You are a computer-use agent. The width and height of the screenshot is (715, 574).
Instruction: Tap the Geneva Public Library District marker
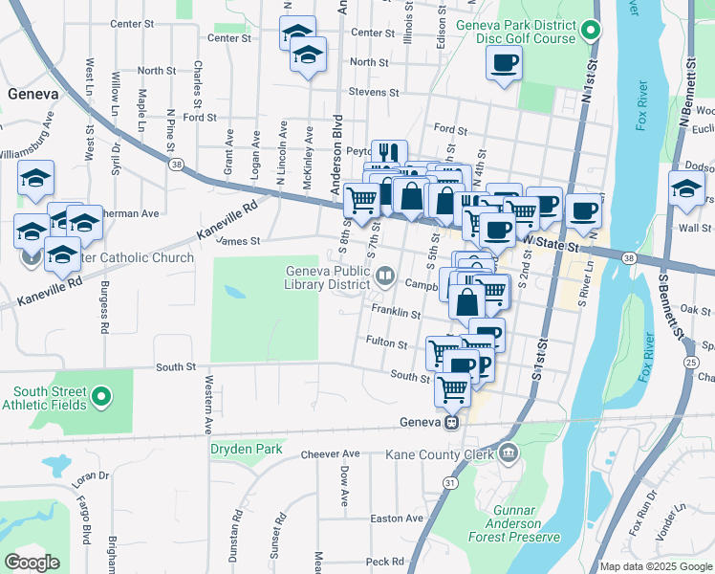pyautogui.click(x=385, y=276)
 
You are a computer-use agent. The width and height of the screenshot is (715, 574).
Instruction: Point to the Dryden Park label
pyautogui.click(x=247, y=448)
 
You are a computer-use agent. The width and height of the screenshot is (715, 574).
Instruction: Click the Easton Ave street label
pyautogui.click(x=397, y=519)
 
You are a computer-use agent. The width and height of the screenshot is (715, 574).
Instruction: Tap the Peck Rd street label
pyautogui.click(x=385, y=562)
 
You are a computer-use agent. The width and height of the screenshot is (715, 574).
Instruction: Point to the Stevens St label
pyautogui.click(x=373, y=93)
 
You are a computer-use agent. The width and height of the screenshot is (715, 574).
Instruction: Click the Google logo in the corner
pyautogui.click(x=32, y=563)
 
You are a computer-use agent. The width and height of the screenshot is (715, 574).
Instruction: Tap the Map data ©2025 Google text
pyautogui.click(x=656, y=566)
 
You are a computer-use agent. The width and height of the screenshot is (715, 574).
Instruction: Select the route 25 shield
pyautogui.click(x=690, y=362)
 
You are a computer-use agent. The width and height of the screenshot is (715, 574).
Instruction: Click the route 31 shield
pyautogui.click(x=449, y=485)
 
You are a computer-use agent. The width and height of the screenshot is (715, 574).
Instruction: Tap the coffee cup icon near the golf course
pyautogui.click(x=504, y=64)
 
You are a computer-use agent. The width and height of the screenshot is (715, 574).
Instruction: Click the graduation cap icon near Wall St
pyautogui.click(x=686, y=188)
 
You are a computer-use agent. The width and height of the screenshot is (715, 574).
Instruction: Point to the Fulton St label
pyautogui.click(x=387, y=342)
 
